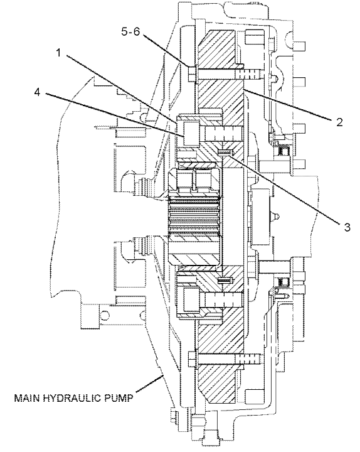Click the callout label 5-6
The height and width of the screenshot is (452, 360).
pyautogui.click(x=130, y=31)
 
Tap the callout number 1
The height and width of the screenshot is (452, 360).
pyautogui.click(x=58, y=53)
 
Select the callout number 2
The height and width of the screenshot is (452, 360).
pyautogui.click(x=339, y=122)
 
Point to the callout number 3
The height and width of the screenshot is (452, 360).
pyautogui.click(x=347, y=227)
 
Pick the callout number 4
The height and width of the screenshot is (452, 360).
pyautogui.click(x=37, y=92)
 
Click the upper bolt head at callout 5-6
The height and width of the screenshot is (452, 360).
pyautogui.click(x=192, y=73)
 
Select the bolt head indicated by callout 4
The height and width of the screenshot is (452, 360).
pyautogui.click(x=190, y=133)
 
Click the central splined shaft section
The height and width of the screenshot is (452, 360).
pyautogui.click(x=194, y=213)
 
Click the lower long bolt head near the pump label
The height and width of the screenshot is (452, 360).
pyautogui.click(x=192, y=359)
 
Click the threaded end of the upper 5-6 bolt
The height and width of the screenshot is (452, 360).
pyautogui.click(x=248, y=74)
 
